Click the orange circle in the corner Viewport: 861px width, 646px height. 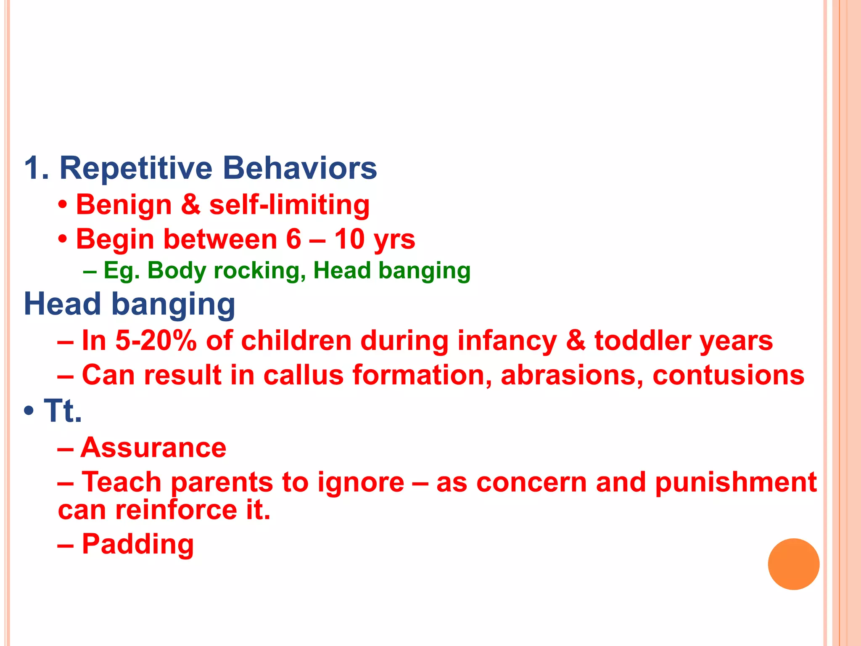pos(793,564)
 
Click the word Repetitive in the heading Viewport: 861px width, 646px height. pos(136,168)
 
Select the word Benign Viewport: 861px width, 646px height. pos(124,206)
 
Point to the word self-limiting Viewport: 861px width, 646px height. pos(289,206)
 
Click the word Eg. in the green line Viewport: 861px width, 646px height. pos(121,270)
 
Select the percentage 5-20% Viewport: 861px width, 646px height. pos(156,340)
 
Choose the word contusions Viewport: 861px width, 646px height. pos(728,375)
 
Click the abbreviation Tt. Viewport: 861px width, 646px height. pos(63,410)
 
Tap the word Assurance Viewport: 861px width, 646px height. pos(153,447)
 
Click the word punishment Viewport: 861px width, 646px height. pos(736,483)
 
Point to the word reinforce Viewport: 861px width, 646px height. pos(176,510)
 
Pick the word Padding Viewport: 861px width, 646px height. pos(137,544)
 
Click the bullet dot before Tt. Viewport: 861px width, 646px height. pos(29,410)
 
